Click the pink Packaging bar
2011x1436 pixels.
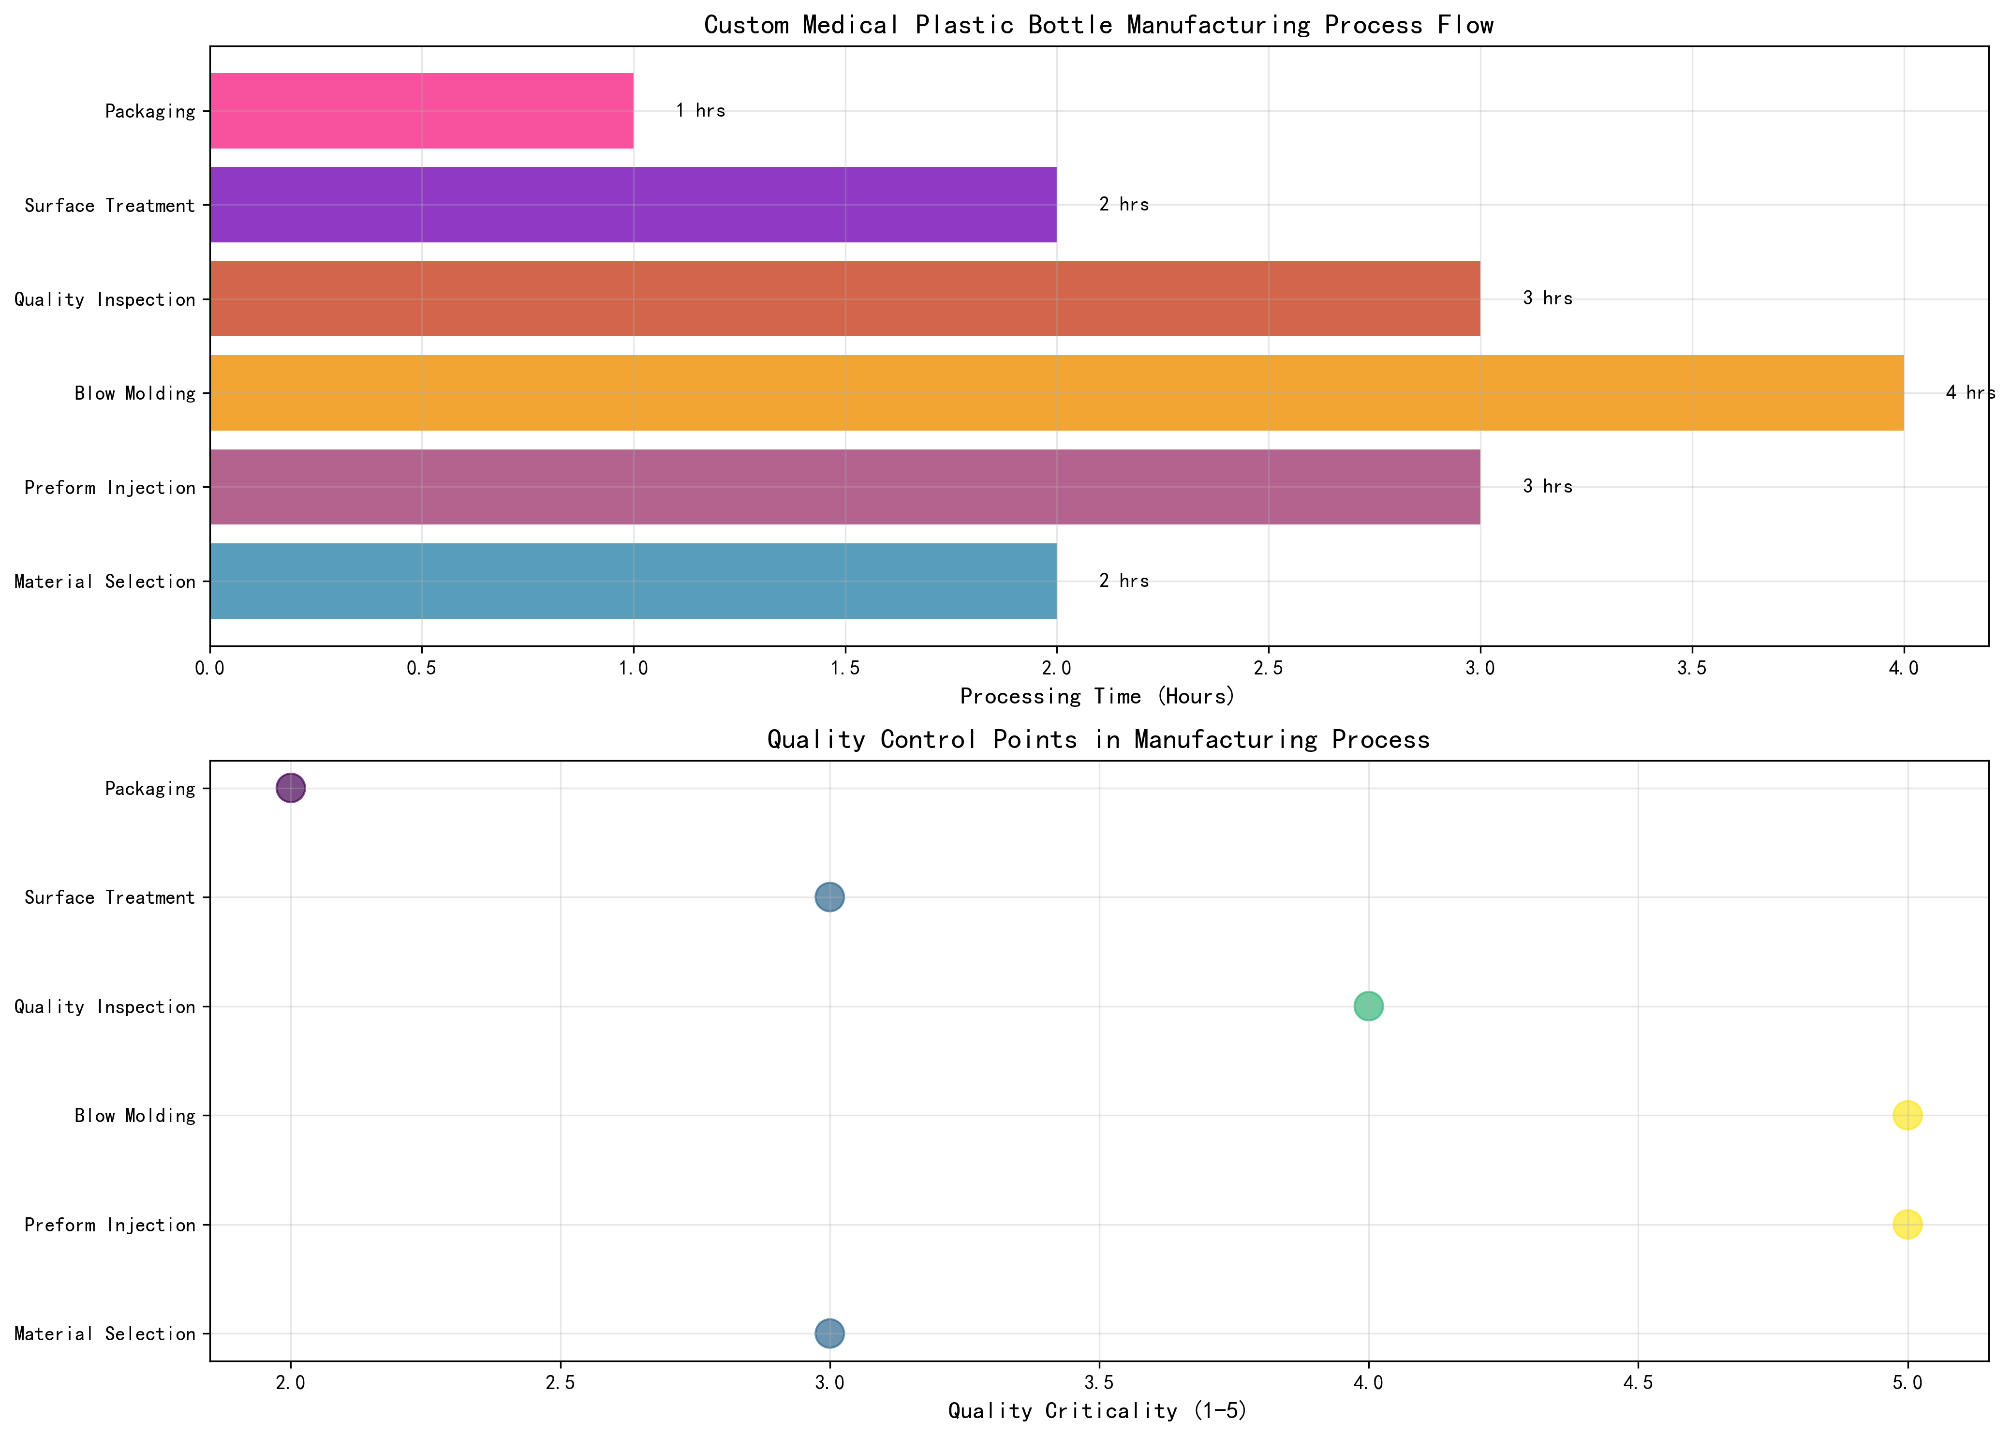[x=422, y=110]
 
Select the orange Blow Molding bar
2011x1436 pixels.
[x=1056, y=392]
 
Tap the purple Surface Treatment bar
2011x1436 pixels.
[x=633, y=204]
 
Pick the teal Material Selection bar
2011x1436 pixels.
[x=633, y=581]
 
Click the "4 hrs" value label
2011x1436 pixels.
[x=1969, y=392]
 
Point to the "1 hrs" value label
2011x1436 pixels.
[x=700, y=110]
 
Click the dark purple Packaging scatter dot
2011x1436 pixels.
[x=291, y=787]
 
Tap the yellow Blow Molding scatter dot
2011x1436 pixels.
[x=1907, y=1115]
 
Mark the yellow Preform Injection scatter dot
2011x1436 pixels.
[x=1907, y=1224]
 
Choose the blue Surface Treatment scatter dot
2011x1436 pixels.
[x=829, y=897]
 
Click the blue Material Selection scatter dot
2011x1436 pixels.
[x=829, y=1332]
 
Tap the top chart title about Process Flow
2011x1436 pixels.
[x=1098, y=25]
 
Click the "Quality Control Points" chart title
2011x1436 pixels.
[x=1098, y=739]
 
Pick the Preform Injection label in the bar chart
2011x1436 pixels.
[x=110, y=487]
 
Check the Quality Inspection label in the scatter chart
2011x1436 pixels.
[x=104, y=1006]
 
